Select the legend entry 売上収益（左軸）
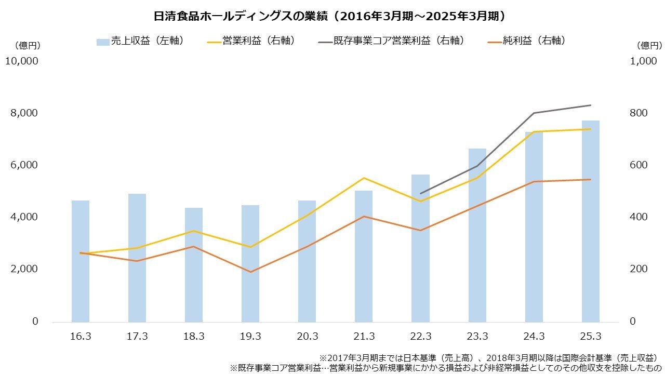point(140,41)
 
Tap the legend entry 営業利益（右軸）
point(251,41)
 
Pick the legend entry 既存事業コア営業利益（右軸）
point(390,41)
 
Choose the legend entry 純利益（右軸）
point(526,41)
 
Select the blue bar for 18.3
point(194,264)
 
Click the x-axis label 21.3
point(364,337)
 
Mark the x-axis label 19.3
point(250,337)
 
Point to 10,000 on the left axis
point(21,61)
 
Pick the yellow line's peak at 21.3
point(364,178)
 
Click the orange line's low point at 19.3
point(250,272)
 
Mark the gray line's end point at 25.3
point(591,105)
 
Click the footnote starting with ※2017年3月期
point(489,358)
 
